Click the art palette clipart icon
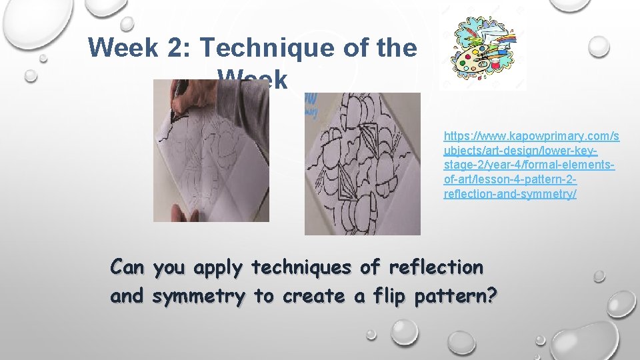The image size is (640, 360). pos(486,54)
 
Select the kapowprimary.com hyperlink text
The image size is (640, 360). pos(531,165)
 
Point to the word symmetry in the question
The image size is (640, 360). pos(199,297)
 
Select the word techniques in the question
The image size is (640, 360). pos(303,267)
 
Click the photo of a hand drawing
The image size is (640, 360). pos(211,151)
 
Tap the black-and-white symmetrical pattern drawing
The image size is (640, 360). pos(362,163)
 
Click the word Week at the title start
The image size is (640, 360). pos(123,47)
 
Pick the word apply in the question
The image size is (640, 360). pos(219,267)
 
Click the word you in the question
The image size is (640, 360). pos(169,267)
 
